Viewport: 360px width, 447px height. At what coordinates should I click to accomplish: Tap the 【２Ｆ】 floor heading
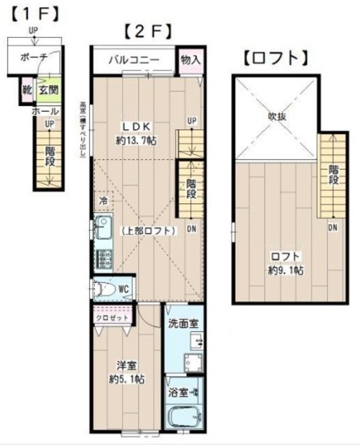tap(147, 31)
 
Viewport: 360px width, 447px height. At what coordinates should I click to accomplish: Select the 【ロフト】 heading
tap(276, 57)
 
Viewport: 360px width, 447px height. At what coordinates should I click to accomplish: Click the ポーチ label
tap(33, 57)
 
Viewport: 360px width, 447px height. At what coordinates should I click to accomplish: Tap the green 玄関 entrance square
tap(47, 90)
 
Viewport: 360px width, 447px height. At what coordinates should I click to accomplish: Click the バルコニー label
tap(133, 60)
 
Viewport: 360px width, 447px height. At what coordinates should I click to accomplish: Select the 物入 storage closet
tap(190, 60)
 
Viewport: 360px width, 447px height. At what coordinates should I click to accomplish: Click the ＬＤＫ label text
tap(137, 126)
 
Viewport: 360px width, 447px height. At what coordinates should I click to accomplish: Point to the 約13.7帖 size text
tap(137, 140)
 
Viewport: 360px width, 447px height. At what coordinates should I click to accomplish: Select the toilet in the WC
tap(105, 288)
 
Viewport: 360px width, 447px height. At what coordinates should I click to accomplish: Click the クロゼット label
tap(112, 317)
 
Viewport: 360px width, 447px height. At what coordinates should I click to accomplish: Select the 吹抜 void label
tap(278, 116)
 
